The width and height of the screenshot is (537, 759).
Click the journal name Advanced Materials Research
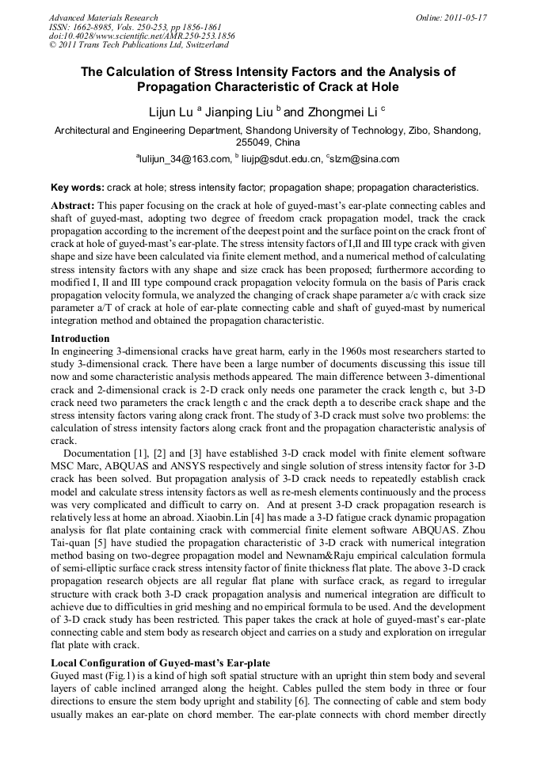pos(103,17)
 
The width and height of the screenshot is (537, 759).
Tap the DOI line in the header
pos(142,36)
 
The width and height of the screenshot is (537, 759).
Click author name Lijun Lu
pos(170,112)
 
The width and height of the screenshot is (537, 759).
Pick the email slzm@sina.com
pos(365,159)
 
